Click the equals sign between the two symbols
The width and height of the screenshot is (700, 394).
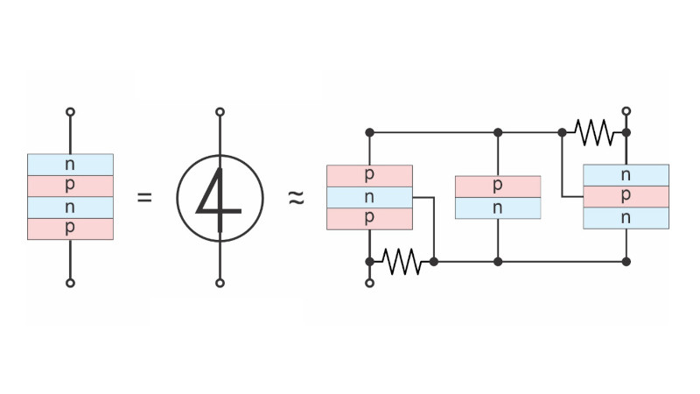coord(144,197)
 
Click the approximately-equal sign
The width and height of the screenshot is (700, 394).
coord(296,198)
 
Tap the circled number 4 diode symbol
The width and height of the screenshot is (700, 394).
coord(220,197)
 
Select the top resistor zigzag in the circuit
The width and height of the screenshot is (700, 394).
coord(594,132)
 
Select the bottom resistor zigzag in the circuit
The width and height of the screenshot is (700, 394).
coord(402,261)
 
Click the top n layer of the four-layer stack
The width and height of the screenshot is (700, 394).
coord(70,164)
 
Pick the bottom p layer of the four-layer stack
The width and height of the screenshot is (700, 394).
coord(70,229)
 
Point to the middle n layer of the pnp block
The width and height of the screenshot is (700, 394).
coord(369,197)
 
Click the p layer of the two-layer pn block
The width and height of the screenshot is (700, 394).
coord(498,186)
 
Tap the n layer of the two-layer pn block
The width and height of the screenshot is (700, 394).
coord(498,208)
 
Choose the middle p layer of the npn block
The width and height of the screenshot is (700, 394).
coord(626,197)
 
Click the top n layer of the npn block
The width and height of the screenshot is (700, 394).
coord(626,175)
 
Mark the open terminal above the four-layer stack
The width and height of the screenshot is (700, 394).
coord(70,112)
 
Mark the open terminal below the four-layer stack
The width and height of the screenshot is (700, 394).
coord(70,283)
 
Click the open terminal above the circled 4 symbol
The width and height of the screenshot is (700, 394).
coord(220,112)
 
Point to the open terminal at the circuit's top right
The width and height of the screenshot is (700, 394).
coord(626,112)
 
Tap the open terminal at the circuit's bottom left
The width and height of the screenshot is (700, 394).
coord(369,283)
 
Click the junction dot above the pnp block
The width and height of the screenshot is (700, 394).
coord(369,132)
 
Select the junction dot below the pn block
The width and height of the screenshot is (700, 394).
coord(498,261)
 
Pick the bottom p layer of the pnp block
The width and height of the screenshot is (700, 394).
coord(369,219)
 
